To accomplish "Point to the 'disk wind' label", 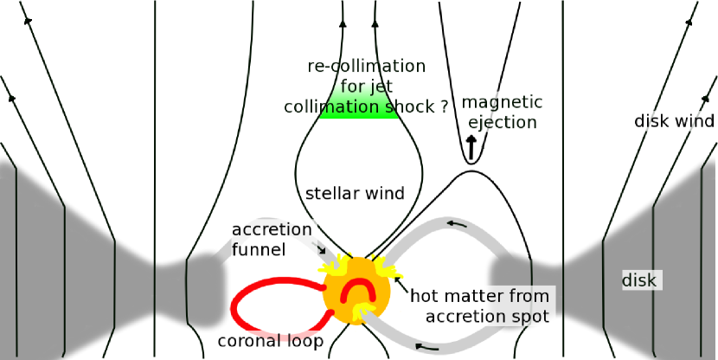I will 674,121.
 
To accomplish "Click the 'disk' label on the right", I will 641,280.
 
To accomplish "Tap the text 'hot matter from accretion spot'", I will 479,305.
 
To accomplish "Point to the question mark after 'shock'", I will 444,107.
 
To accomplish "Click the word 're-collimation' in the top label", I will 367,67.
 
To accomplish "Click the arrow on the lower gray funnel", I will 424,347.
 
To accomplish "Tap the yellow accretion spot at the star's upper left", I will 333,265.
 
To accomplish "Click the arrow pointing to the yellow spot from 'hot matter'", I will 399,278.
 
